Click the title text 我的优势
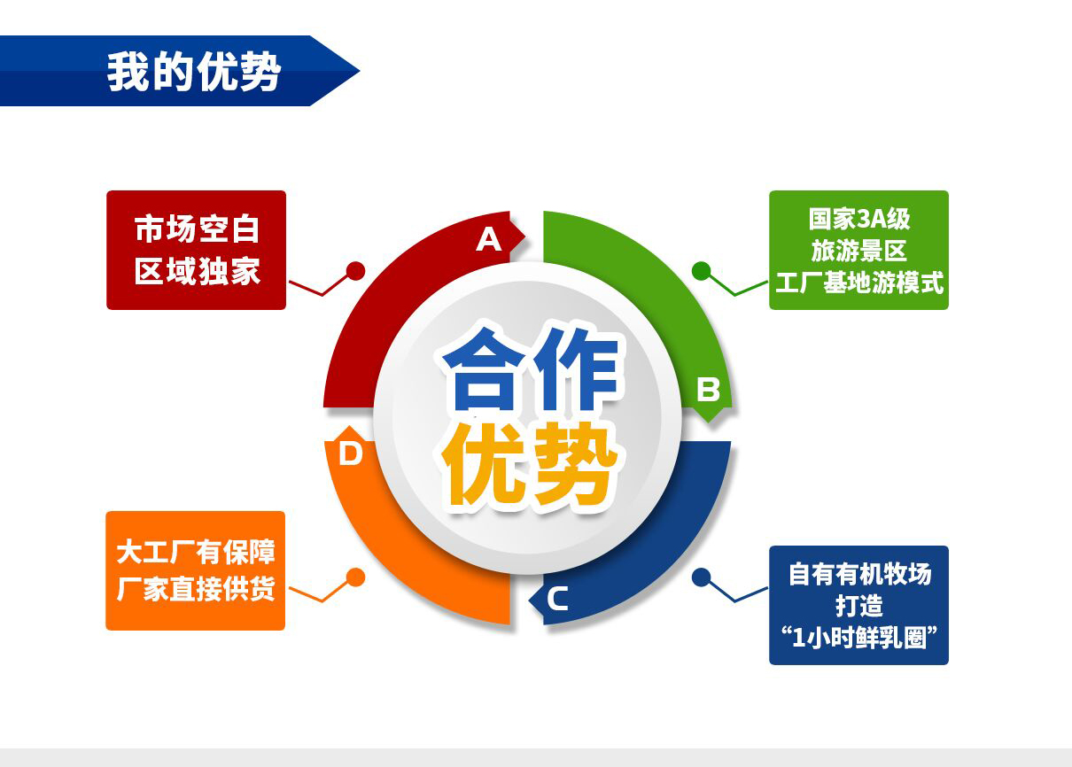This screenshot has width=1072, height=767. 193,71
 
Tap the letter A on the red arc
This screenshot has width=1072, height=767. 489,239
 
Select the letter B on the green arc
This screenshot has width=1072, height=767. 708,389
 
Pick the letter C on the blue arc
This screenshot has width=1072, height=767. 557,598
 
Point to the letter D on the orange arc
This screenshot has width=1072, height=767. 350,453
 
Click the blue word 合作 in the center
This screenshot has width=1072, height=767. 531,369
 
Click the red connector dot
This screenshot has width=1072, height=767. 355,271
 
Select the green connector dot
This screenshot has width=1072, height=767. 701,271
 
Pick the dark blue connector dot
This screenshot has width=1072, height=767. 701,577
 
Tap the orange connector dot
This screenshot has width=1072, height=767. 355,577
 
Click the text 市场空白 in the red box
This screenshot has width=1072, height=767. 197,229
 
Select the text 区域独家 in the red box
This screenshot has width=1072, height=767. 197,271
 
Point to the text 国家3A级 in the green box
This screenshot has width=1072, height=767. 859,219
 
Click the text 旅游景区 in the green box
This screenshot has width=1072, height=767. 859,251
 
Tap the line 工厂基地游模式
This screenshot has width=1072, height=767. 859,283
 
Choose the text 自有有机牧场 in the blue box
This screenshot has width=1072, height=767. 859,574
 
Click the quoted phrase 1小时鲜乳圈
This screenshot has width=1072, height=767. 859,638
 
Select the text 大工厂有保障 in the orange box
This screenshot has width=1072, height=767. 196,552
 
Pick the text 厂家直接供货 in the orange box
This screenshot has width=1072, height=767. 196,588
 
